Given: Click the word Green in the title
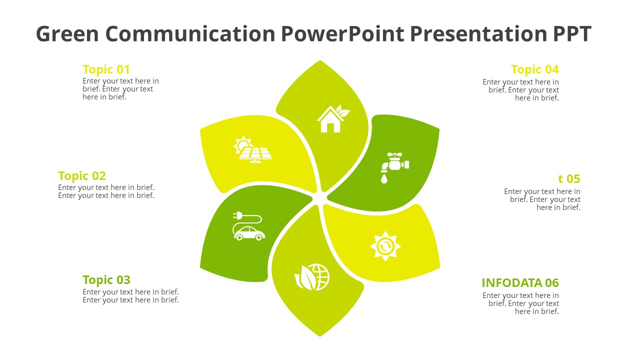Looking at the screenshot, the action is tap(67, 33).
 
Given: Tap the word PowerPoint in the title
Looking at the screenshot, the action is tap(342, 33).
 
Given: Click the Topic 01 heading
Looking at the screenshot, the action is tap(106, 69).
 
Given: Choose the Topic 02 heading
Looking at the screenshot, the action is tap(82, 176).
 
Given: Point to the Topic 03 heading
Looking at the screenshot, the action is tap(106, 280).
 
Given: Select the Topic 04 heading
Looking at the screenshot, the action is tap(535, 69).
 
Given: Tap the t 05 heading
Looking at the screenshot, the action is tap(569, 179).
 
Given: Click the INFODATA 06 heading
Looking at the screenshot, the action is tap(520, 283).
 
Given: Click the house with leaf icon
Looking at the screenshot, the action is tap(333, 118).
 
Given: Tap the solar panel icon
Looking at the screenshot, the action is tap(252, 149).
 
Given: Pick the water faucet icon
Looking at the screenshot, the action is tap(394, 167).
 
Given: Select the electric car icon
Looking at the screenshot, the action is tap(248, 225).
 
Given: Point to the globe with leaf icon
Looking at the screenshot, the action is tap(312, 277).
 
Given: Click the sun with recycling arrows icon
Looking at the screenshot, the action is tap(385, 246).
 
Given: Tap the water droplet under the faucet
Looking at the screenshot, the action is tap(384, 179).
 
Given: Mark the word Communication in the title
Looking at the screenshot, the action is tap(190, 33).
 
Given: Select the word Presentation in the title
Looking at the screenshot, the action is tap(478, 33).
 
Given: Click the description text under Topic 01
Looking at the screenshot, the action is tap(120, 89).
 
